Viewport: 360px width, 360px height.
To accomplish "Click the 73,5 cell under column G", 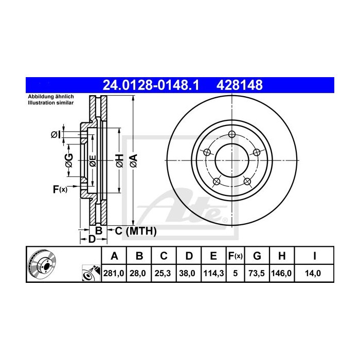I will coord(258,274).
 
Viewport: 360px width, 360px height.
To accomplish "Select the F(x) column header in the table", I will coord(235,256).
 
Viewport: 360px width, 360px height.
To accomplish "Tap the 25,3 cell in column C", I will coord(163,274).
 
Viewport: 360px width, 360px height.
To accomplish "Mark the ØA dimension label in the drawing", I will coord(133,160).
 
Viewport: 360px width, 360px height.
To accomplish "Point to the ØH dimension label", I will coord(119,160).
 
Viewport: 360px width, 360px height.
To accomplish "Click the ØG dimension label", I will coord(68,160).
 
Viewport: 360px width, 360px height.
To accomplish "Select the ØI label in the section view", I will coord(56,135).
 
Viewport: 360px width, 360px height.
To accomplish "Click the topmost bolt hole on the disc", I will coord(232,134).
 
